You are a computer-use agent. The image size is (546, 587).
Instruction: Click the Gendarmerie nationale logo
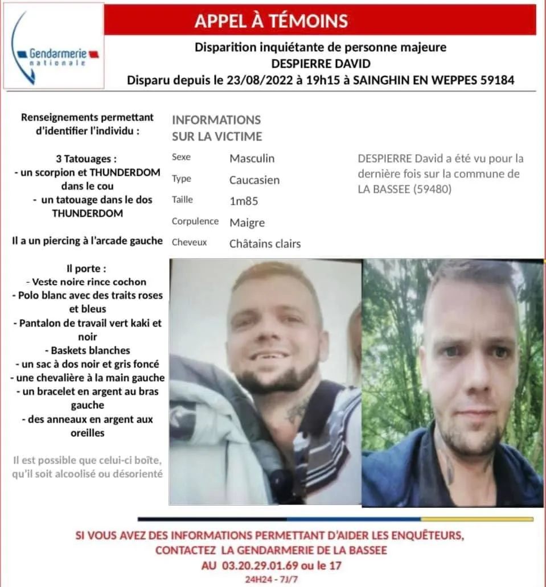tap(54, 46)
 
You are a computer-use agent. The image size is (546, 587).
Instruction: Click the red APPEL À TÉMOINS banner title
tap(270, 21)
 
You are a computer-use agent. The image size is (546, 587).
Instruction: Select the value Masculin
tap(252, 158)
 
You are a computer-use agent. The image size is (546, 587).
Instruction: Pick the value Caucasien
tap(254, 180)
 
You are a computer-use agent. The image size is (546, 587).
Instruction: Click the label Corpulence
tap(195, 221)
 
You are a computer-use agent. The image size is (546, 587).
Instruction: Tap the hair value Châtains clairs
tap(265, 244)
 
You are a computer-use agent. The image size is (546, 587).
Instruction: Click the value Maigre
tap(247, 222)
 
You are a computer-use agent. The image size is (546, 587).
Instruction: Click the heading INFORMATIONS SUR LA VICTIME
tap(216, 128)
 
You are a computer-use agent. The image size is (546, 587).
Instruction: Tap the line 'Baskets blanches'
tap(87, 350)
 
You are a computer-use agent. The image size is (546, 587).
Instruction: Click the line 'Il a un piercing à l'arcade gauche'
tap(87, 241)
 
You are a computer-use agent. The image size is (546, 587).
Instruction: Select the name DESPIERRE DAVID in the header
tap(320, 64)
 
